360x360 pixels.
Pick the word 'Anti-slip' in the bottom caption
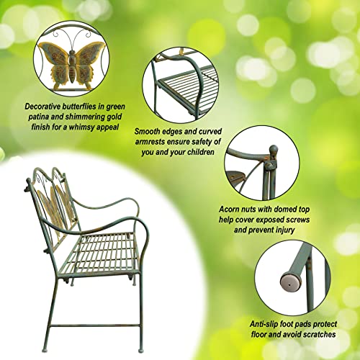240,322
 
